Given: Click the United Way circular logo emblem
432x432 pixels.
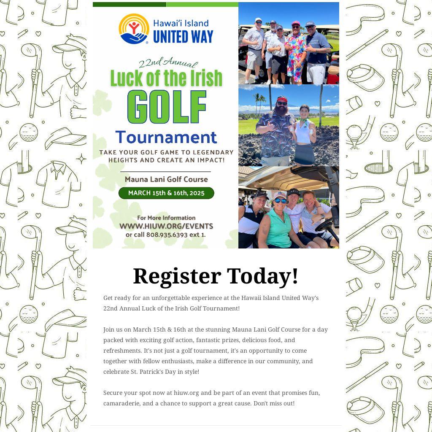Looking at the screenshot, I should click(134, 29).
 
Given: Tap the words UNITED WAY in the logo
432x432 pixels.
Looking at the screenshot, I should click(183, 36).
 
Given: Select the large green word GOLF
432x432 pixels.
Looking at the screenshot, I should click(167, 107).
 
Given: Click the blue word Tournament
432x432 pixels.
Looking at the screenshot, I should click(166, 137).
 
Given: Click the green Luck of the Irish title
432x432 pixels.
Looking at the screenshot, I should click(166, 78).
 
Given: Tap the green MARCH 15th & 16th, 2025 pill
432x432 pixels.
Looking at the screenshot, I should click(166, 193).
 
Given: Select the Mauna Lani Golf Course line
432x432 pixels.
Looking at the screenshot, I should click(166, 179).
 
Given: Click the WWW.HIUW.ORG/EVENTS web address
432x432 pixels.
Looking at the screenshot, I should click(166, 226).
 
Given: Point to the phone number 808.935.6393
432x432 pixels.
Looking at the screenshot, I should click(167, 234).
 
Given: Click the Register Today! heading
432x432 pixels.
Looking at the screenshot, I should click(216, 276).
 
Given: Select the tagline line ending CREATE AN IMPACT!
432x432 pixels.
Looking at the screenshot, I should click(166, 160).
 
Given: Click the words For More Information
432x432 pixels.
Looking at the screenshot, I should click(166, 218).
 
